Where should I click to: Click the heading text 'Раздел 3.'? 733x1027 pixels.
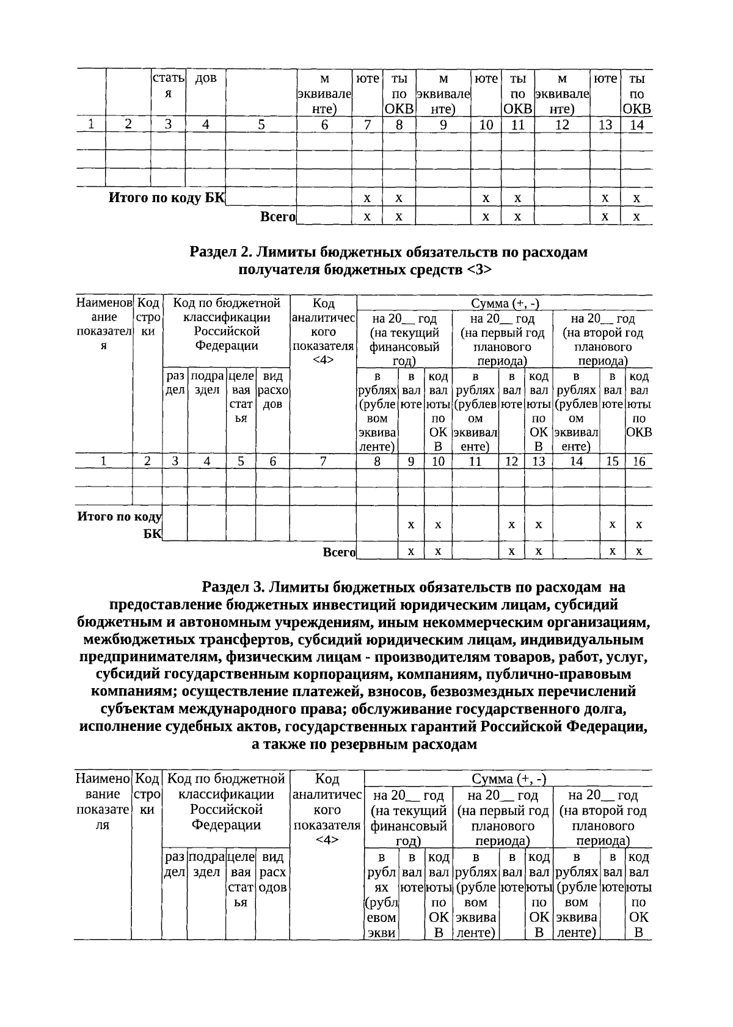click(232, 587)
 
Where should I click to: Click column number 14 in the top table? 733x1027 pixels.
click(636, 125)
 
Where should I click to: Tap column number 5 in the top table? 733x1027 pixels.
click(261, 125)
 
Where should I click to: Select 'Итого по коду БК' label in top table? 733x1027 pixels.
click(167, 198)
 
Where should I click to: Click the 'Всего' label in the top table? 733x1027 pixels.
click(278, 217)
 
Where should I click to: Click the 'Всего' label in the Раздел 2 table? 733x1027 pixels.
click(339, 552)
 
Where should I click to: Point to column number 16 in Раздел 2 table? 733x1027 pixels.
click(638, 462)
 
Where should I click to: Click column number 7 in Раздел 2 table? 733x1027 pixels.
click(323, 462)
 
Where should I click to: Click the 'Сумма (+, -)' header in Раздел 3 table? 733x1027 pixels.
click(508, 778)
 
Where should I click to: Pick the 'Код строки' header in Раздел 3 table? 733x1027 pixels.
click(147, 794)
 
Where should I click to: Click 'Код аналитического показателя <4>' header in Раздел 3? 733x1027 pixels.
click(327, 810)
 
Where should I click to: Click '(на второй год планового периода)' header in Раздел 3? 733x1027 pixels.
click(602, 818)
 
